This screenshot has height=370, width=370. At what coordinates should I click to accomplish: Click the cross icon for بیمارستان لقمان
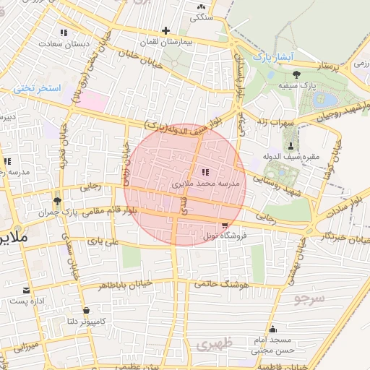(x=166, y=31)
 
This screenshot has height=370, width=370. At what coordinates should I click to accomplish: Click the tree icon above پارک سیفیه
(x=296, y=74)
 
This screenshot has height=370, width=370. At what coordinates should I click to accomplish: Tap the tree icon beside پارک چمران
(x=57, y=200)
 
